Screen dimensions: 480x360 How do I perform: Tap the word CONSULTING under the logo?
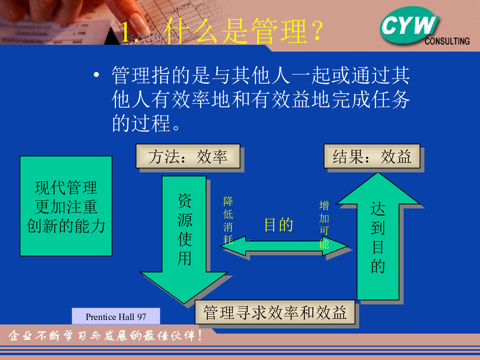tap(447, 41)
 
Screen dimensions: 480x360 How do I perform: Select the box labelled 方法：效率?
tap(188, 156)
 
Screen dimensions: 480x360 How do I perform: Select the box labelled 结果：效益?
tap(372, 156)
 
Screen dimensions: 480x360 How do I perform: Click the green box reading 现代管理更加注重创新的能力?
tap(66, 206)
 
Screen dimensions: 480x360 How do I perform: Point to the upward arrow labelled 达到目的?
tap(378, 236)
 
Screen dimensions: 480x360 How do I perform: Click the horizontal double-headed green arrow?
tap(284, 246)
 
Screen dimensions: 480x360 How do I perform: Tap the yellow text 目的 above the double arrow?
tap(278, 225)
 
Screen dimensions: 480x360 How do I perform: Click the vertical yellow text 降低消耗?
tap(228, 220)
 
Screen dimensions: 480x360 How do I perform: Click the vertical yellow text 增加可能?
tap(324, 225)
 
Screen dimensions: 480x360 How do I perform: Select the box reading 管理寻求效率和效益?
tap(275, 312)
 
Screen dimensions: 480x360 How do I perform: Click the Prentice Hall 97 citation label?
tap(116, 316)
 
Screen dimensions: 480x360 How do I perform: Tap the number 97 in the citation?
tap(142, 317)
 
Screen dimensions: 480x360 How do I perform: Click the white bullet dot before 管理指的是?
tap(96, 75)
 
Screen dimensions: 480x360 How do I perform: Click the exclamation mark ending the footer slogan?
tap(200, 336)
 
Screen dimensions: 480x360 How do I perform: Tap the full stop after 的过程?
tap(176, 127)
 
